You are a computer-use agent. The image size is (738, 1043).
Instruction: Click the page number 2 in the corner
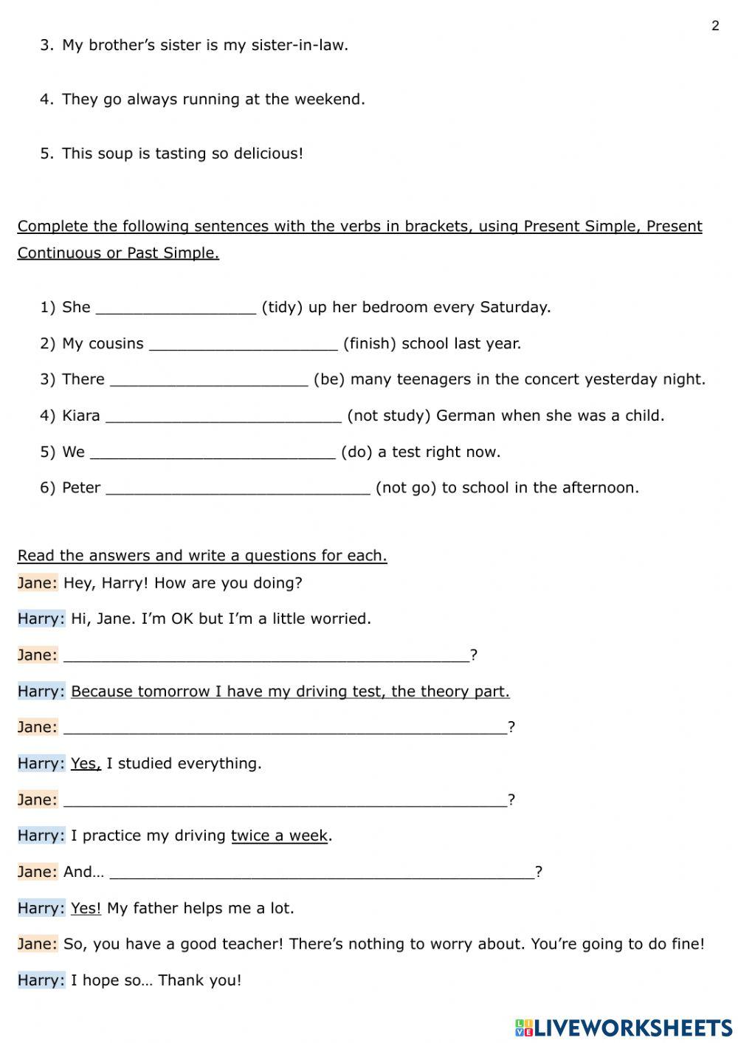pyautogui.click(x=715, y=26)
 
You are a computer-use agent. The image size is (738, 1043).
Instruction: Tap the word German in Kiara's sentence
pyautogui.click(x=466, y=416)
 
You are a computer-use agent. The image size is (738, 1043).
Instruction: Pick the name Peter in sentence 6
pyautogui.click(x=81, y=488)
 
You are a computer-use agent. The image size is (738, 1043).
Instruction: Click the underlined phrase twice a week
pyautogui.click(x=279, y=836)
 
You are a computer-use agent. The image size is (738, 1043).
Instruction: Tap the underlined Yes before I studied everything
pyautogui.click(x=86, y=763)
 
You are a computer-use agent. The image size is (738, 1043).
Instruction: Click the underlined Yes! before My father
pyautogui.click(x=86, y=908)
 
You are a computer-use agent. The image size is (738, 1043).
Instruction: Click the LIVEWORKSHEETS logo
pyautogui.click(x=624, y=1027)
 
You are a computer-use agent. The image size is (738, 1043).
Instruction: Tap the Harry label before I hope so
pyautogui.click(x=41, y=980)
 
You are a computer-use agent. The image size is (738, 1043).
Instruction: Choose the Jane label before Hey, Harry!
pyautogui.click(x=37, y=583)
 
